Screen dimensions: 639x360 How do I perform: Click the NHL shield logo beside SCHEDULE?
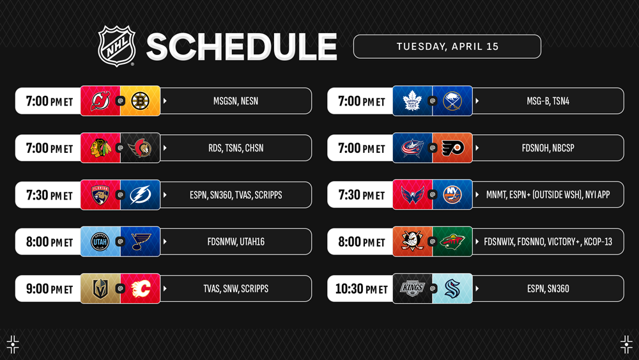pos(116,46)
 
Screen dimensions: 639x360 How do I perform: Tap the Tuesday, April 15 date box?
pos(447,47)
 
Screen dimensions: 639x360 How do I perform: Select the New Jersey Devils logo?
pos(100,100)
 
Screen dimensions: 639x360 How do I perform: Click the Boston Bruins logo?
pos(140,100)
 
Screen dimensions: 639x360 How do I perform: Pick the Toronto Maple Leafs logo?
pos(412,100)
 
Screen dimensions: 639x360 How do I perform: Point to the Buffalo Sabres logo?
pos(452,100)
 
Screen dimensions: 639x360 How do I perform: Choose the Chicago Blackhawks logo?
pos(100,148)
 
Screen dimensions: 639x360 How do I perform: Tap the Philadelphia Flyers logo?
pos(452,148)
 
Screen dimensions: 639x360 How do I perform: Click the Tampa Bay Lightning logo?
pos(140,195)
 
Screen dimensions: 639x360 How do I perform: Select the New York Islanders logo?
pos(452,194)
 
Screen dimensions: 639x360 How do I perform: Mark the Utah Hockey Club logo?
pos(100,241)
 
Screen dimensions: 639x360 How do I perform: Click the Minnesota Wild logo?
pos(452,242)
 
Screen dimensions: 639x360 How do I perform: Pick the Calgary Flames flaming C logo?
pos(140,288)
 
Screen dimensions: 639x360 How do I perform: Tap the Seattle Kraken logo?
pos(452,288)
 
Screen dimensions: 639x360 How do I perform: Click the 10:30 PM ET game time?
pos(361,288)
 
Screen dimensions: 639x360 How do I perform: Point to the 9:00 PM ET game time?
pos(49,288)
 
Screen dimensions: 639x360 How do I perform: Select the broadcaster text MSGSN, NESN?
pos(236,101)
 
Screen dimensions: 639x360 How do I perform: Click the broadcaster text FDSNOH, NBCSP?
pos(548,148)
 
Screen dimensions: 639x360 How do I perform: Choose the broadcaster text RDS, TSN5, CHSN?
pos(236,148)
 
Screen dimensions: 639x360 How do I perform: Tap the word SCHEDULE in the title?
pos(242,47)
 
